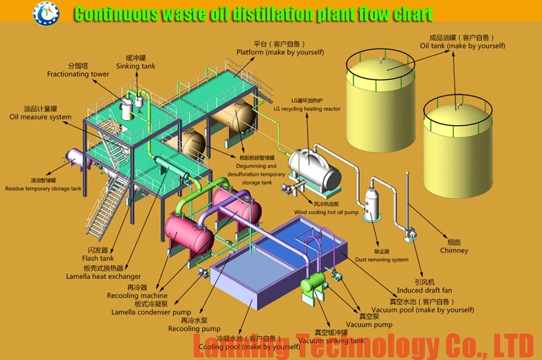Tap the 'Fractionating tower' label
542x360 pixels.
pyautogui.click(x=78, y=74)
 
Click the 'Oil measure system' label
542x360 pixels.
pyautogui.click(x=40, y=116)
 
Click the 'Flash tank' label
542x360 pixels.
pyautogui.click(x=98, y=258)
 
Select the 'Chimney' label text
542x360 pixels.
pyautogui.click(x=454, y=251)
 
